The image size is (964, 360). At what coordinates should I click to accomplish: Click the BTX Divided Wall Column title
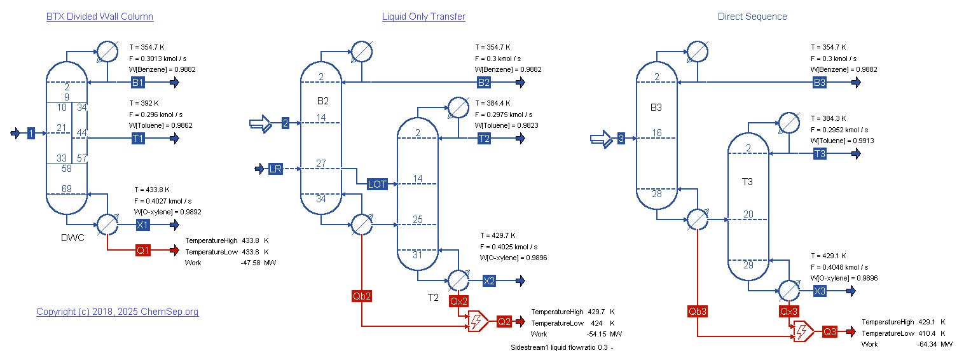[x=100, y=17]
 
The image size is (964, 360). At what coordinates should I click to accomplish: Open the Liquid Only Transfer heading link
[x=423, y=17]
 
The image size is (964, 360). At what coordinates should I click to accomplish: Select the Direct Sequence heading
[x=752, y=17]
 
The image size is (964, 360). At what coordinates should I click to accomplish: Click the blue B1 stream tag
[x=138, y=83]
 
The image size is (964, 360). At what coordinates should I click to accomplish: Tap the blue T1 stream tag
[x=138, y=139]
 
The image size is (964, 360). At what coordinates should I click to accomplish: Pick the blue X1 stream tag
[x=143, y=225]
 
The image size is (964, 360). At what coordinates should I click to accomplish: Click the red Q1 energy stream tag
[x=143, y=251]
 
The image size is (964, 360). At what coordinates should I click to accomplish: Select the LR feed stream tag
[x=275, y=169]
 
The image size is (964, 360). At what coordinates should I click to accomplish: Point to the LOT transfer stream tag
[x=377, y=184]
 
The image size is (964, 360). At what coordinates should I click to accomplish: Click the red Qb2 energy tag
[x=361, y=296]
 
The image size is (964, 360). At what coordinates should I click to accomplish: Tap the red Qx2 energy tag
[x=458, y=301]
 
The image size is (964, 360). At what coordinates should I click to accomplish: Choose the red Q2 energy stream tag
[x=504, y=322]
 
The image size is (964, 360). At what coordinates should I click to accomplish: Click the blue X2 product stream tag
[x=489, y=281]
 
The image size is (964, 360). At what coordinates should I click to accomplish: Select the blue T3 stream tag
[x=820, y=154]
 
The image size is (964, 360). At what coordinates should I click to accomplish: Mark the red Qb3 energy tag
[x=698, y=311]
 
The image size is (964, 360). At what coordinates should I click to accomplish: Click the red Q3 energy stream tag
[x=830, y=332]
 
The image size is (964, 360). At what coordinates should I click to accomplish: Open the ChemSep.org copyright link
[x=117, y=312]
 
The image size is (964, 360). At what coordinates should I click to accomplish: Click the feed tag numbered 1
[x=31, y=134]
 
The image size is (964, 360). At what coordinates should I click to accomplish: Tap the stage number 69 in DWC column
[x=66, y=188]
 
